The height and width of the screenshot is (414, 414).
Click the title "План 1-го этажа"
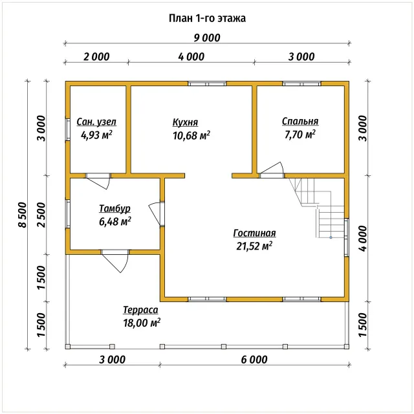point(207,18)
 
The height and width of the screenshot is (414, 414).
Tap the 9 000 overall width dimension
point(207,38)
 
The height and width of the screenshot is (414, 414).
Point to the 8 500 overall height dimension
point(23,215)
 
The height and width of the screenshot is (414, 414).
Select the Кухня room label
point(186,122)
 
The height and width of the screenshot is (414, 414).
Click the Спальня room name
point(300,121)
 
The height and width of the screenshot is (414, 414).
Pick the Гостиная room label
point(254,233)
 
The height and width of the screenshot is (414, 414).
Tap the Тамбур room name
point(115,208)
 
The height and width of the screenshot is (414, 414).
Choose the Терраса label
point(140,310)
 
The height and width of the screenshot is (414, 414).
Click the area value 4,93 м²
point(96,135)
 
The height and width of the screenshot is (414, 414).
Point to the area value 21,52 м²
point(254,246)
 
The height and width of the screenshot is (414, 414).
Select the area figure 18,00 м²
point(142,323)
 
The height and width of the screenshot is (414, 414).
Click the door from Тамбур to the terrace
point(115,261)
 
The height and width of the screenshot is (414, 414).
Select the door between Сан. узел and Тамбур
point(98,181)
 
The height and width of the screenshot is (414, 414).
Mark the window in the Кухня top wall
point(207,83)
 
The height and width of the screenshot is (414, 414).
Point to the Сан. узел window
point(68,129)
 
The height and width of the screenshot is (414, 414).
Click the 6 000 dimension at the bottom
point(254,360)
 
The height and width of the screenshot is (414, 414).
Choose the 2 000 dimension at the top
point(96,57)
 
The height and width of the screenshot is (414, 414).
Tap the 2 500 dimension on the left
point(41,215)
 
